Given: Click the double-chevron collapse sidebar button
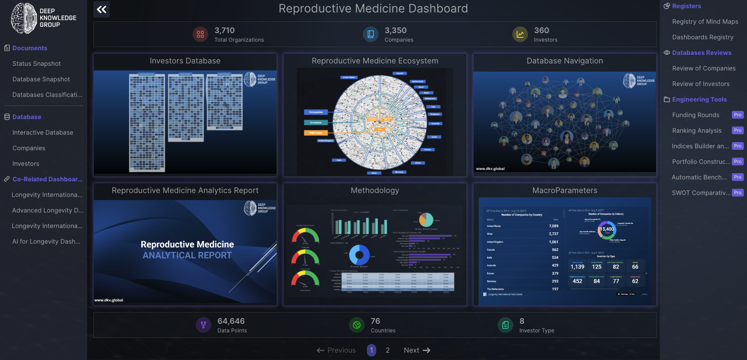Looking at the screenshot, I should tap(102, 9).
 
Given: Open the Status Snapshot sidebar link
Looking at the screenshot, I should tap(37, 63).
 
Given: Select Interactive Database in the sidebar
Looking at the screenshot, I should tap(43, 132).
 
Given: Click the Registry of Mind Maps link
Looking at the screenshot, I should tap(705, 22).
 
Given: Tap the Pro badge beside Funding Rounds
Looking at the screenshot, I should tap(737, 115).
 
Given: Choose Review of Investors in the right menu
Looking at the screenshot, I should tap(701, 84).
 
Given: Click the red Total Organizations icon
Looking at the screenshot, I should tap(200, 34).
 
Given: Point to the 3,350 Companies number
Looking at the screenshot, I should tap(395, 30).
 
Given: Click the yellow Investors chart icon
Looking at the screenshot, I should tap(520, 34).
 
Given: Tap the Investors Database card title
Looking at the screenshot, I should tap(185, 61).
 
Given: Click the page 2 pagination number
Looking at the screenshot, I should tap(388, 350).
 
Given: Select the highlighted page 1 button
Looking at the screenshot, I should tap(372, 350).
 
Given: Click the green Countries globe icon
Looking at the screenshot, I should tap(356, 325).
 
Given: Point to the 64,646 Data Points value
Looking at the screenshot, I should tap(231, 321).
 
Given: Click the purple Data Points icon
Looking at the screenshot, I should tap(203, 325).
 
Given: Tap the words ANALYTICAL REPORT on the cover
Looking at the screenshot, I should tap(187, 255).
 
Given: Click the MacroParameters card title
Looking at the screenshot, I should tap(565, 190).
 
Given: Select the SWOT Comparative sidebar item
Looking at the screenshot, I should tap(701, 193).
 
